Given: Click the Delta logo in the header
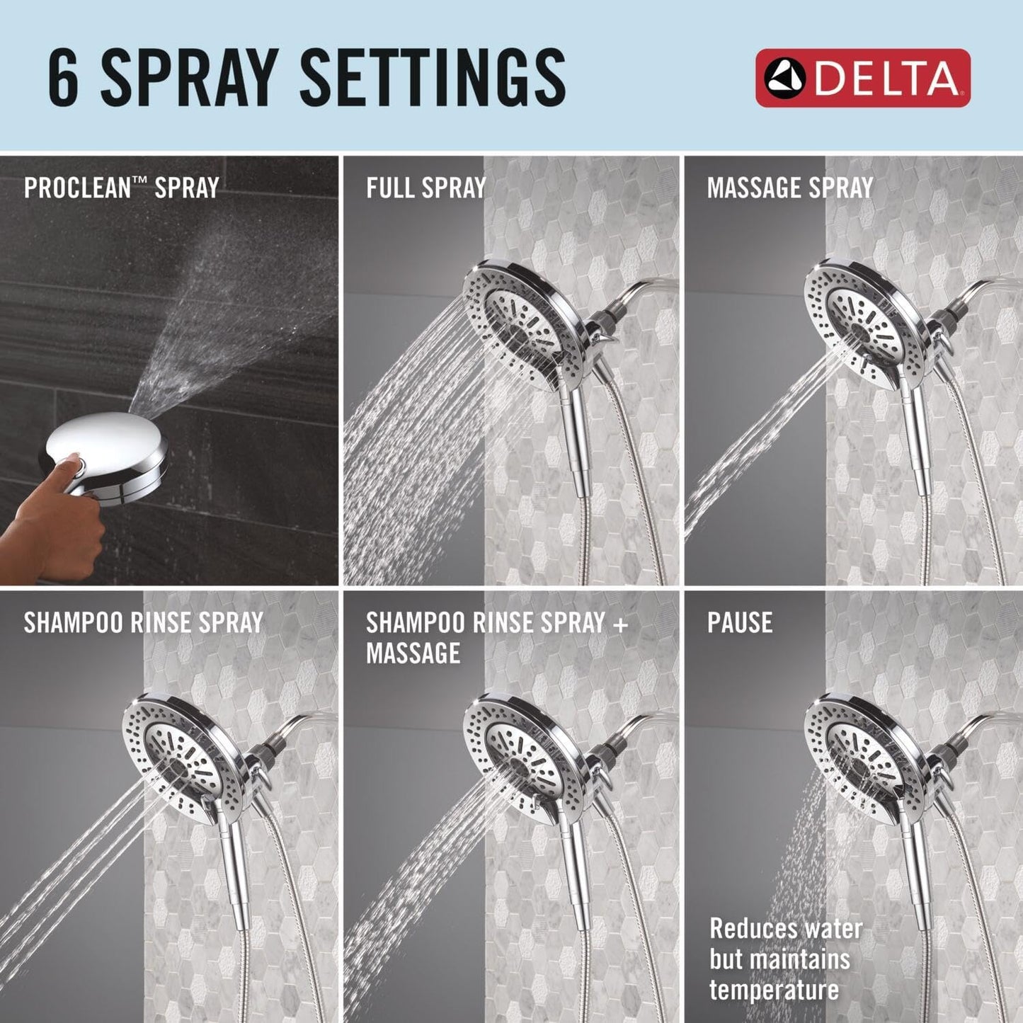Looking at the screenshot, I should click(x=862, y=78).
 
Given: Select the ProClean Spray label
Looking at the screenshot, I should click(x=121, y=188).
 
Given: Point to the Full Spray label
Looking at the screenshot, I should click(x=426, y=188).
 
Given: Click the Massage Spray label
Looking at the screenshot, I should click(x=789, y=188).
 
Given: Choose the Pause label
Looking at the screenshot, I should click(x=740, y=622).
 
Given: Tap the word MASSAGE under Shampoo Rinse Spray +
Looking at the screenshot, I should click(x=413, y=653).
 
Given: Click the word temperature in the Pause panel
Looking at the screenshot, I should click(x=774, y=990).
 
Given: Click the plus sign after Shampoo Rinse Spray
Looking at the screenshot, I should click(x=620, y=623).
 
